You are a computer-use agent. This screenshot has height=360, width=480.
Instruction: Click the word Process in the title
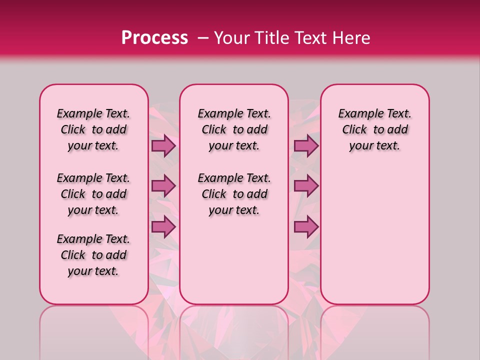pyautogui.click(x=154, y=38)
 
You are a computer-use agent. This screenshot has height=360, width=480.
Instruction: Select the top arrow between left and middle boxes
pyautogui.click(x=163, y=145)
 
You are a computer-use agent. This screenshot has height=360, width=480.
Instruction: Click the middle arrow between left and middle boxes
pyautogui.click(x=163, y=186)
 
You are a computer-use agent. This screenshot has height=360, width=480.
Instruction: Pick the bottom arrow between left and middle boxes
pyautogui.click(x=163, y=226)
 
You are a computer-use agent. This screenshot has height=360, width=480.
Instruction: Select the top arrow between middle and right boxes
pyautogui.click(x=306, y=145)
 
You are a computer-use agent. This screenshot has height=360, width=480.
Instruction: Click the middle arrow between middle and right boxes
pyautogui.click(x=306, y=186)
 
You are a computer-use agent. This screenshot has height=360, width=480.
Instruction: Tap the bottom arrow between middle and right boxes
pyautogui.click(x=306, y=226)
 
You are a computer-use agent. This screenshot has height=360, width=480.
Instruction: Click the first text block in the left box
pyautogui.click(x=93, y=130)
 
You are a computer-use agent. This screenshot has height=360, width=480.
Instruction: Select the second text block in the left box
pyautogui.click(x=93, y=194)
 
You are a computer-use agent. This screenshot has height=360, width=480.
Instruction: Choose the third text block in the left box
pyautogui.click(x=93, y=255)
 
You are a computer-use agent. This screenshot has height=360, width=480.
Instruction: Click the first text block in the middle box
pyautogui.click(x=234, y=130)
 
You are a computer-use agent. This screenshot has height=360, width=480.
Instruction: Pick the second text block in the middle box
pyautogui.click(x=234, y=194)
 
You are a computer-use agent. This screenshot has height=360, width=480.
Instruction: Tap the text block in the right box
pyautogui.click(x=375, y=130)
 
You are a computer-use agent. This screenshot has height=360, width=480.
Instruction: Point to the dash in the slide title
pyautogui.click(x=202, y=38)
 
